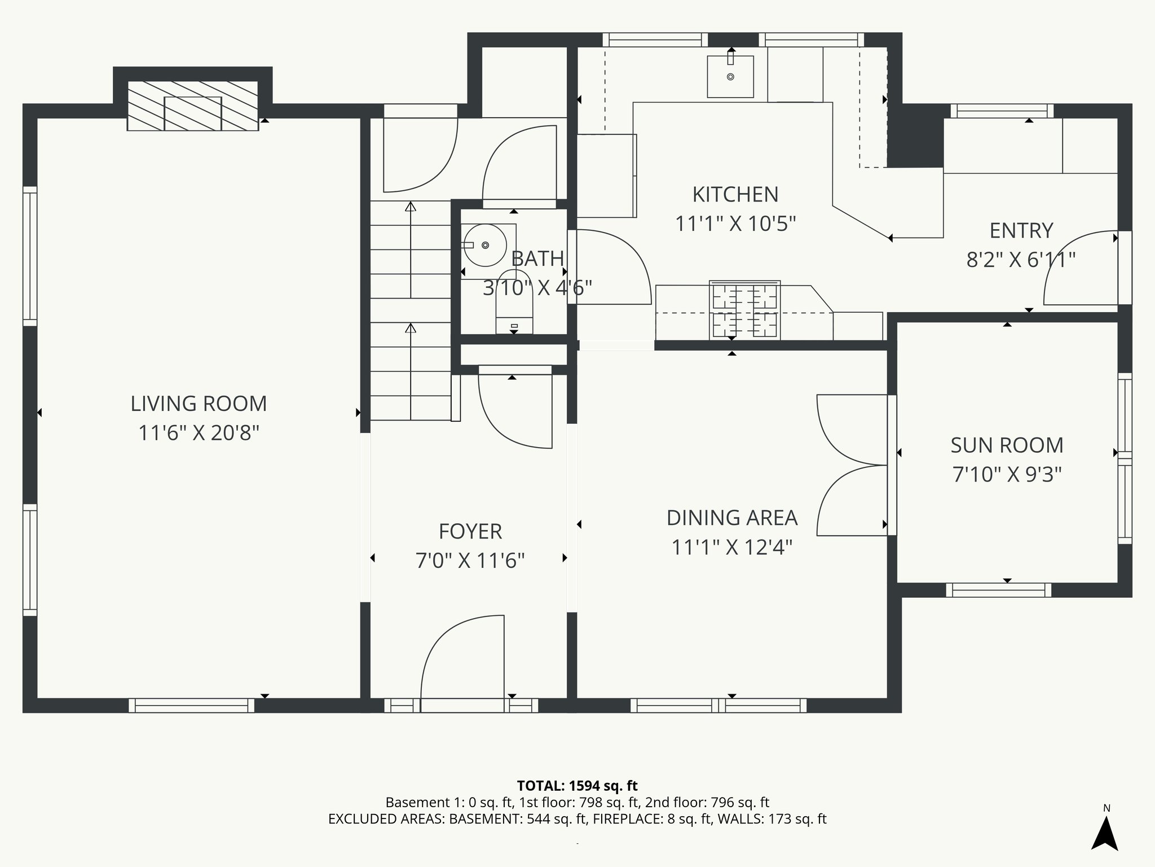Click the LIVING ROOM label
pos(199,404)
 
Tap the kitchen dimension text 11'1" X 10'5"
pos(735,224)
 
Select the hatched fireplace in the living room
pos(193,106)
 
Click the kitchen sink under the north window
pos(730,76)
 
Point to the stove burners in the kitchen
pos(744,310)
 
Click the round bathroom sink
pos(485,245)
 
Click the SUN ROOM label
pos(1007,445)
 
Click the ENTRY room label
pos(1021,231)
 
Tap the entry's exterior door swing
pos(1080,269)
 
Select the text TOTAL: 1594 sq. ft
pos(577,786)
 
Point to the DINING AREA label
pos(731,518)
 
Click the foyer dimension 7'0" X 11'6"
pos(470,561)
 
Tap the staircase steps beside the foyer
pos(411,310)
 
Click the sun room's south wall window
pos(998,590)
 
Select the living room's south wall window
pos(192,706)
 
